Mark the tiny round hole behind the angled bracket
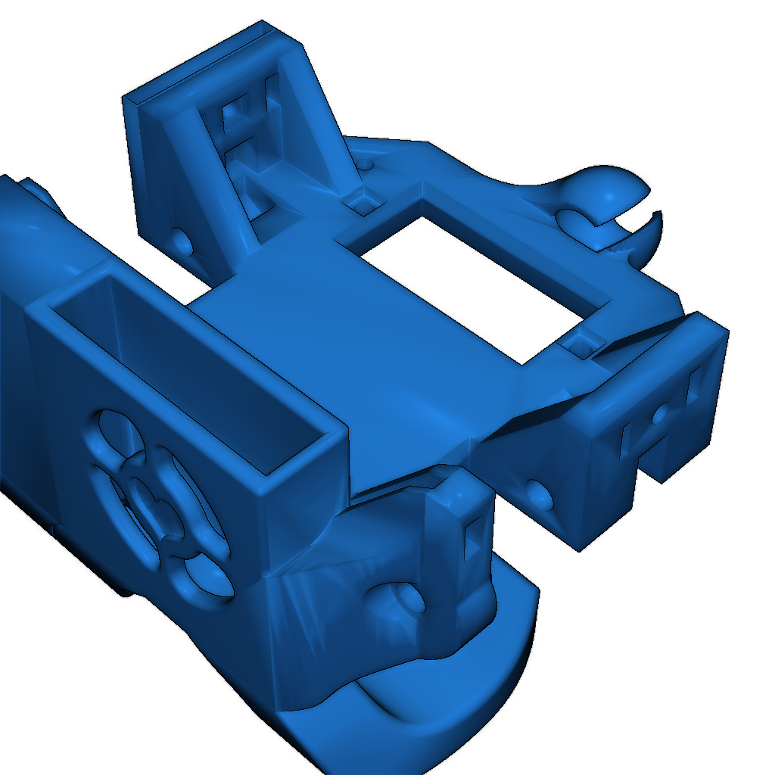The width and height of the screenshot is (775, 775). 367,162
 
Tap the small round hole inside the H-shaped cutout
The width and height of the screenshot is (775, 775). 660,413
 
